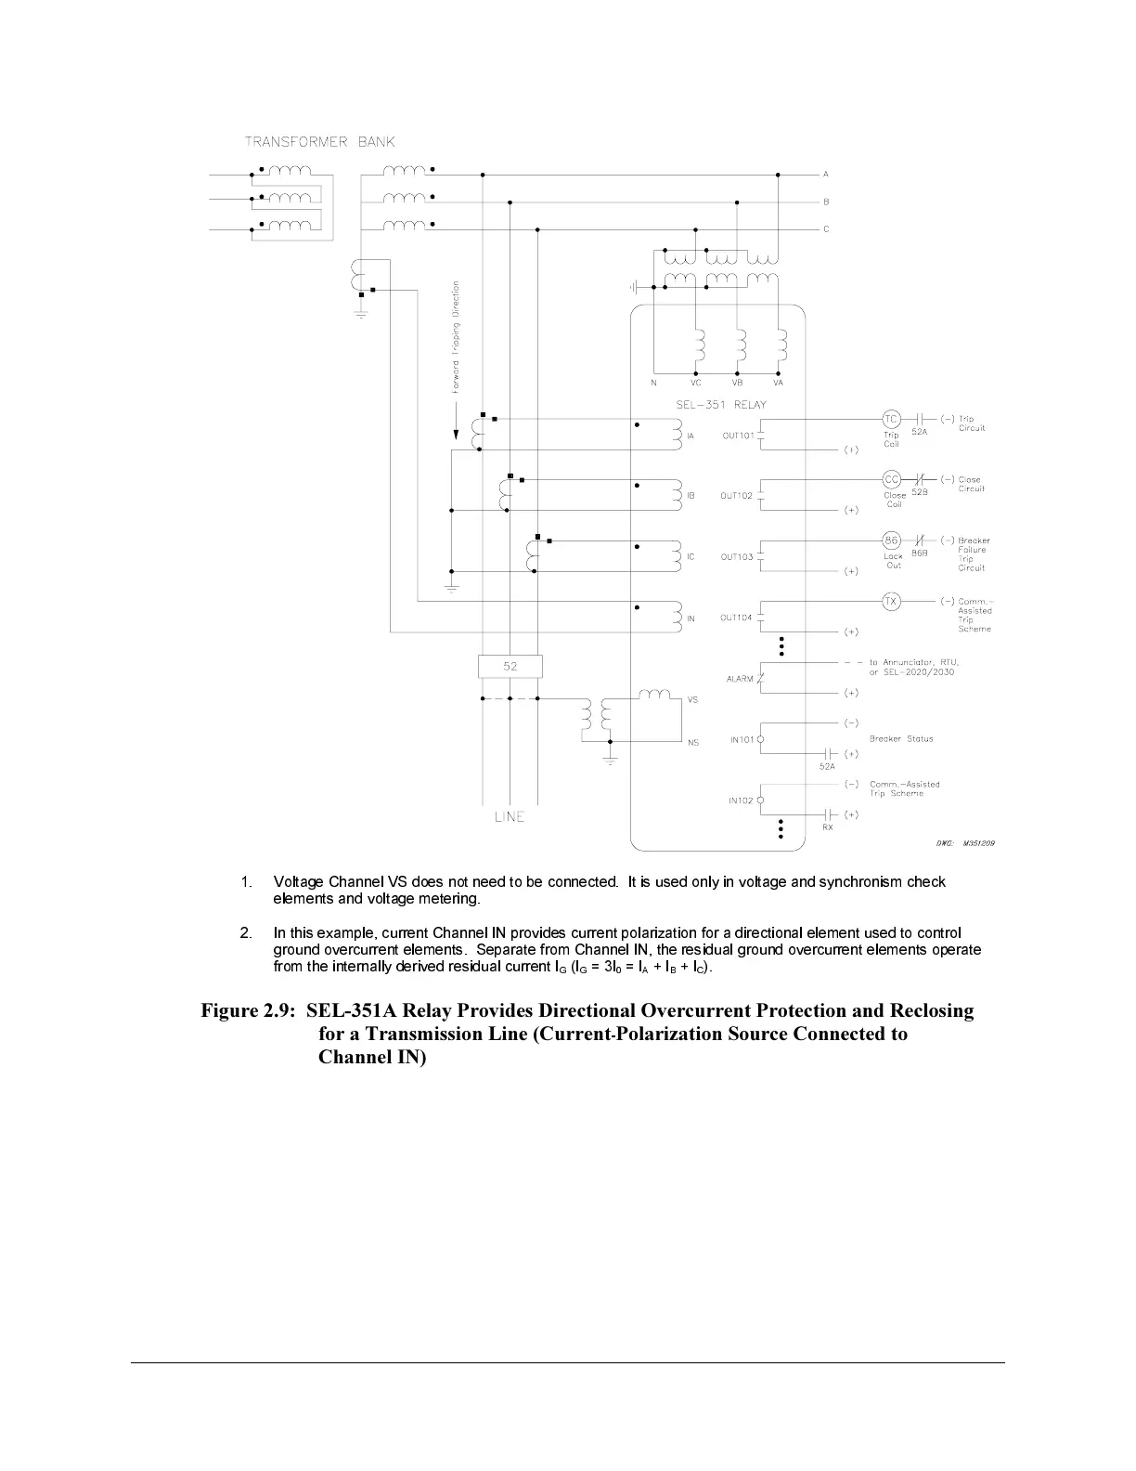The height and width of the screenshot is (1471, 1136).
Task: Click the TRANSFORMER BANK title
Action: pos(319,142)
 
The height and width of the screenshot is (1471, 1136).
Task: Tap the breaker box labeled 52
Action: pos(510,666)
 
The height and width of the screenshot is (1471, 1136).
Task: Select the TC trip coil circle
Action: pos(891,419)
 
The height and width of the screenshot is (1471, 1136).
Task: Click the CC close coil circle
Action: pos(891,479)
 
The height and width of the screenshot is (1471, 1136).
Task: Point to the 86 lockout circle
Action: pos(891,540)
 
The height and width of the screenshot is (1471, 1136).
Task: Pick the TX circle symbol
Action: pos(891,602)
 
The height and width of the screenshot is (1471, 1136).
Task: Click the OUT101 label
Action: pos(738,436)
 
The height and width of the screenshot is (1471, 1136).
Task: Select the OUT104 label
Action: pos(736,618)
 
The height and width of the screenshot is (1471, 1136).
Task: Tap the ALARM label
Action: pos(740,679)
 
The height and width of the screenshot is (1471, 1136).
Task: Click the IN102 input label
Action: pos(741,801)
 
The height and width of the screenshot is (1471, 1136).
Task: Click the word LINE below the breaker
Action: pos(510,817)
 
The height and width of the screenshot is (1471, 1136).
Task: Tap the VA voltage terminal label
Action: pos(778,383)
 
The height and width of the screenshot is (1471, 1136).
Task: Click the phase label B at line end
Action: pos(826,202)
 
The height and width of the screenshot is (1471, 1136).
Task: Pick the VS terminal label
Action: pos(692,700)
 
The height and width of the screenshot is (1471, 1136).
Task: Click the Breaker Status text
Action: pos(901,739)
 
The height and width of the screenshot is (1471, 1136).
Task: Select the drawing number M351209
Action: pos(979,843)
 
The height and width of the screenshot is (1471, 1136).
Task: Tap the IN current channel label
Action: pos(691,618)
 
